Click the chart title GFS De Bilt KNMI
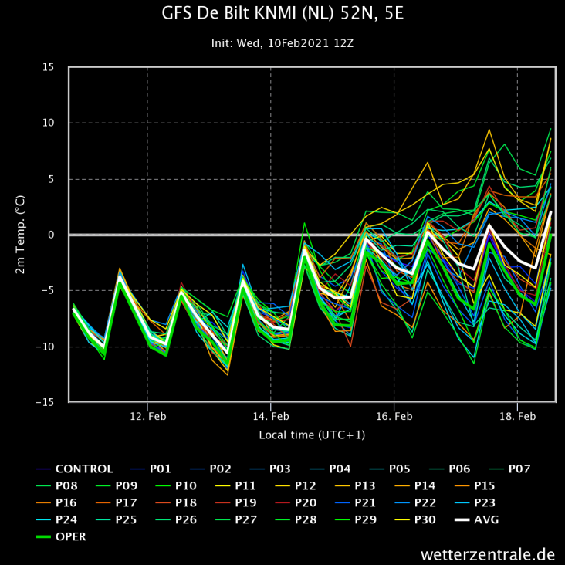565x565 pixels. point(282,14)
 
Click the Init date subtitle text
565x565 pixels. point(282,43)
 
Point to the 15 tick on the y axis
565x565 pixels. point(49,67)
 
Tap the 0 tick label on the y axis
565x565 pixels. point(51,235)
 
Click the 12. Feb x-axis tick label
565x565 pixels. point(147,416)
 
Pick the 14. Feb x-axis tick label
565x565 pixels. point(271,416)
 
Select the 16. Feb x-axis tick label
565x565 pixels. point(394,416)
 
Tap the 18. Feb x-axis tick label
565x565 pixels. point(518,416)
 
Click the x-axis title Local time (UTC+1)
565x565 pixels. point(312,435)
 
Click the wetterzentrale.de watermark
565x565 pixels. point(488,554)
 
